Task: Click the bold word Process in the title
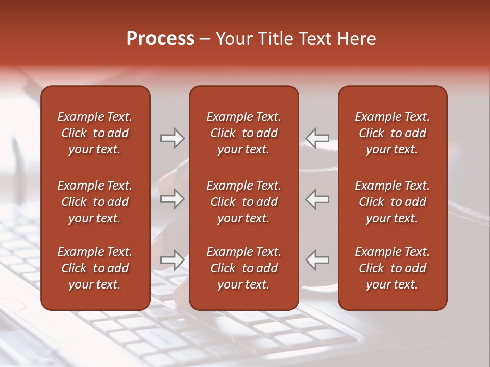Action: [x=160, y=39]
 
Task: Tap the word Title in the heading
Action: [x=276, y=39]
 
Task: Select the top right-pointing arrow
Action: [x=172, y=138]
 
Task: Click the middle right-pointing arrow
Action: [x=172, y=199]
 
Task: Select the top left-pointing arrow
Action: [x=317, y=138]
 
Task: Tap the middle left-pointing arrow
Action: [x=317, y=199]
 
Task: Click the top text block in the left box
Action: [x=95, y=133]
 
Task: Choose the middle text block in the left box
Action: [x=95, y=202]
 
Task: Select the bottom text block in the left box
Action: [x=95, y=268]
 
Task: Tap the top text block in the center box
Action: [x=243, y=133]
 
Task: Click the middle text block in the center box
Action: [x=243, y=202]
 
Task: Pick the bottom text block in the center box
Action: [x=243, y=268]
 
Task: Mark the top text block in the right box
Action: [x=392, y=133]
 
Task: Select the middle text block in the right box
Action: [x=392, y=202]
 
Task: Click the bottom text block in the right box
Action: [x=392, y=268]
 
